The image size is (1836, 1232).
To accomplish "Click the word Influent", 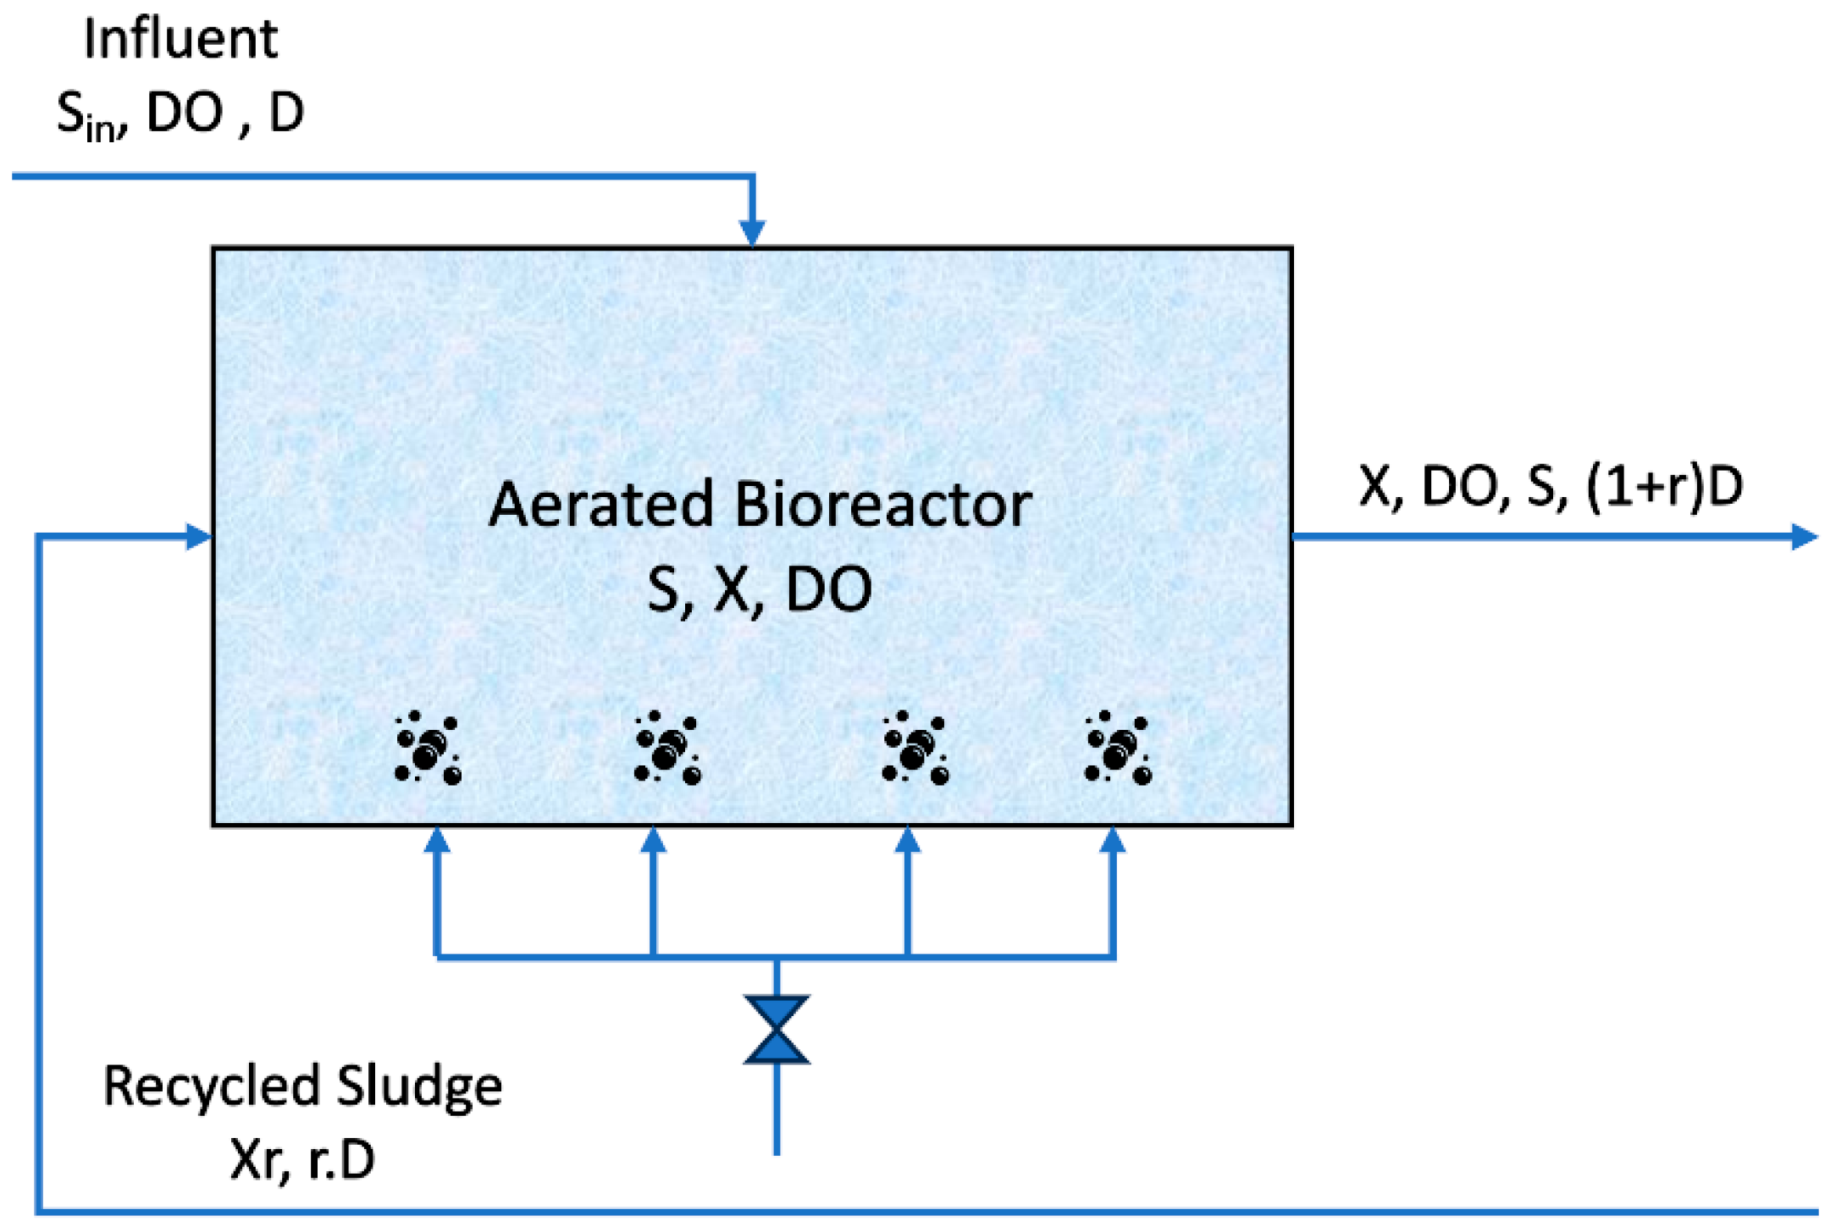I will coord(180,40).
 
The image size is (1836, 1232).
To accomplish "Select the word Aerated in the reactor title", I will coord(602,506).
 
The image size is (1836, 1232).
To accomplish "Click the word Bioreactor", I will coord(883,506).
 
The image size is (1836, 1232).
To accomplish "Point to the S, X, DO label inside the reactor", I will coord(759,590).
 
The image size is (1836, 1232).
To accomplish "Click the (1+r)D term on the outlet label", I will coord(1664,487).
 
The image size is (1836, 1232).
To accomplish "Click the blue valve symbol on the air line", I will coord(777,1030).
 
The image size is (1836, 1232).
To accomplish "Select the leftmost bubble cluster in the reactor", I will coord(428,749).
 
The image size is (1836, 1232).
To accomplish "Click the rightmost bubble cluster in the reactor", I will coord(1118,749).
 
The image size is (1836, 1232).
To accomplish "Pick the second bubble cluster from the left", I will coord(667,749).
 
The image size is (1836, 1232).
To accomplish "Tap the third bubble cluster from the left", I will coord(915,749).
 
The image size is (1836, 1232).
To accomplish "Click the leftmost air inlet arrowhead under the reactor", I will coord(436,840).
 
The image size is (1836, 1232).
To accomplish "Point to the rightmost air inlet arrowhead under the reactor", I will coord(1113,840).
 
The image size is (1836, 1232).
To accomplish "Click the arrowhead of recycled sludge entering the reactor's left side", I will coord(199,536).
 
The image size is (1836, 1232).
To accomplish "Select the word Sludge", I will coord(419,1087).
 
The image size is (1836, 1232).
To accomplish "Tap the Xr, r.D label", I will coord(302,1160).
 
